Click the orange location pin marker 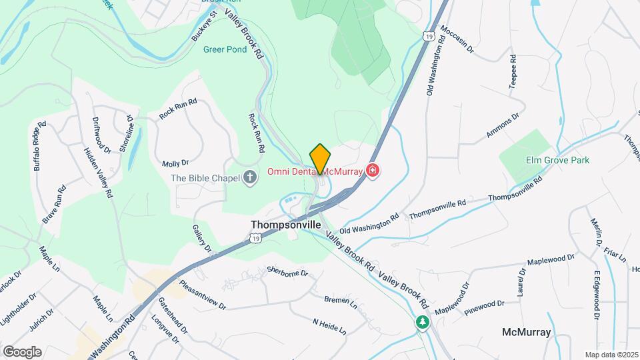pyautogui.click(x=320, y=159)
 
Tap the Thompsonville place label pyautogui.click(x=281, y=225)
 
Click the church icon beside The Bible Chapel pyautogui.click(x=250, y=177)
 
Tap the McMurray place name pyautogui.click(x=526, y=331)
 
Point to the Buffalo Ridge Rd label pyautogui.click(x=39, y=146)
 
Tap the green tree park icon pyautogui.click(x=421, y=323)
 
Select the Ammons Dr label pyautogui.click(x=502, y=125)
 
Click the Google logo pyautogui.click(x=22, y=351)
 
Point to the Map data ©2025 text pyautogui.click(x=611, y=355)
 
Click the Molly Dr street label pyautogui.click(x=175, y=163)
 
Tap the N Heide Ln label pyautogui.click(x=329, y=325)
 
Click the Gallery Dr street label pyautogui.click(x=202, y=238)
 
